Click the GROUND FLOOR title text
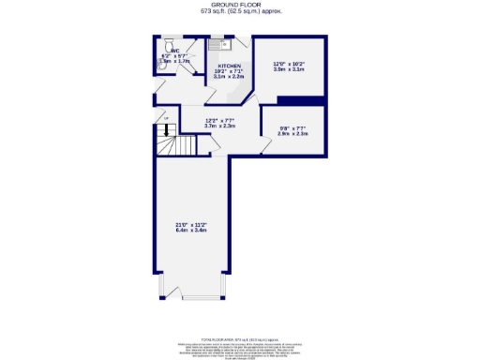(x=240, y=6)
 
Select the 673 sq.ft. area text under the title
(x=240, y=12)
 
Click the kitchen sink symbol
(x=216, y=43)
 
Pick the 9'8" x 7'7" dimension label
(x=294, y=127)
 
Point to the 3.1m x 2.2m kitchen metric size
(x=229, y=77)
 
